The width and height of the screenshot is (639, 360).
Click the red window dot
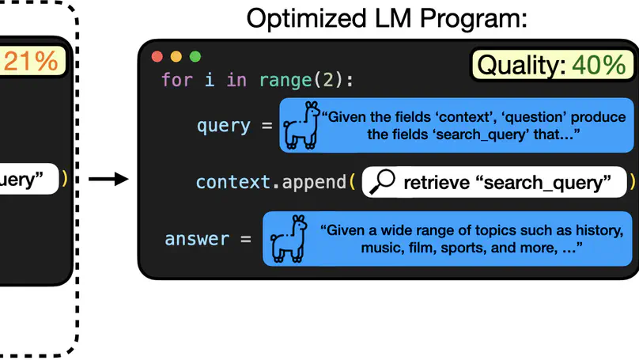(x=157, y=57)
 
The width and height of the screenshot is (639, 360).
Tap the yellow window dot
(x=176, y=57)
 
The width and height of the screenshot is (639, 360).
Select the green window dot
(x=195, y=57)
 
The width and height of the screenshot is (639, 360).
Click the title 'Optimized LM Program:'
(x=386, y=18)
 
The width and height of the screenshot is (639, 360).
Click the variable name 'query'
(x=223, y=126)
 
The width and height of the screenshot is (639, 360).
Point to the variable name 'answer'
(x=197, y=238)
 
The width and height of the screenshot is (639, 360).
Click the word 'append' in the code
(x=313, y=182)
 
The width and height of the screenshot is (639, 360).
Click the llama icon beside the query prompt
(x=302, y=125)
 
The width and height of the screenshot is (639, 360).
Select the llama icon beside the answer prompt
(x=285, y=238)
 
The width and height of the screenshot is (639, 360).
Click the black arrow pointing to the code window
(x=108, y=180)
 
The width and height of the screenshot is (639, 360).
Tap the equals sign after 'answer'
(x=245, y=238)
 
